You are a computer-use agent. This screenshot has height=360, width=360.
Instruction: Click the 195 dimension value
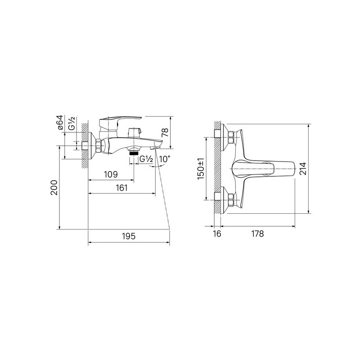pos(129,236)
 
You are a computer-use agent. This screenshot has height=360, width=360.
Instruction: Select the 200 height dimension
pos(54,188)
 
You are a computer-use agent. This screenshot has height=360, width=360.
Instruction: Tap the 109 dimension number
pos(111,175)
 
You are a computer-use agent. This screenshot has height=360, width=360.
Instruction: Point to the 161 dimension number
pos(121,188)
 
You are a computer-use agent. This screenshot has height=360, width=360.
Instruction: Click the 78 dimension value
pos(165,132)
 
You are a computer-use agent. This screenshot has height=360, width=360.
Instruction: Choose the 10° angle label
pos(165,159)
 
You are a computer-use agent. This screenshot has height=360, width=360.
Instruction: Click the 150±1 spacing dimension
pos(200,169)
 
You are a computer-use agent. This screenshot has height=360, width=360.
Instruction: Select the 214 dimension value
pos(303,168)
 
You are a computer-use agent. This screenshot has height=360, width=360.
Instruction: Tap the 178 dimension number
pos(257,234)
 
